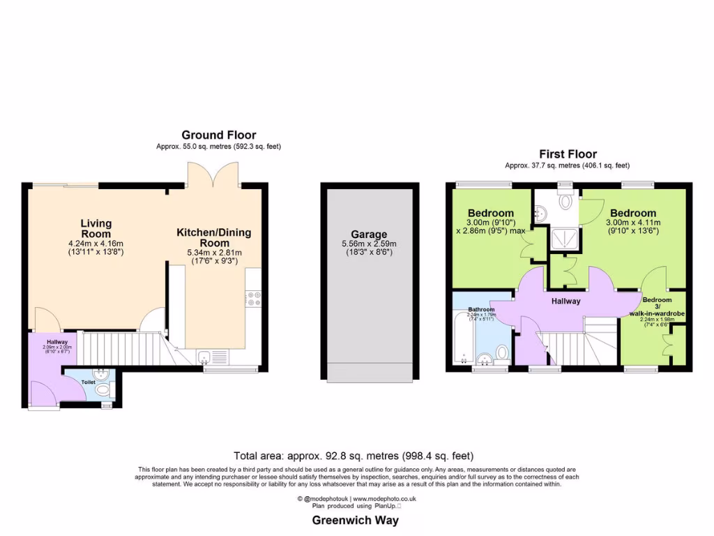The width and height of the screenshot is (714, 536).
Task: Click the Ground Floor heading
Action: click(x=218, y=135)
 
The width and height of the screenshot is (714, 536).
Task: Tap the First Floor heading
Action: click(x=568, y=154)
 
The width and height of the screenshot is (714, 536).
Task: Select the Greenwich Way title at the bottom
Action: click(x=356, y=520)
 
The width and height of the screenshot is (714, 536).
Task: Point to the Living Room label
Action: click(x=96, y=228)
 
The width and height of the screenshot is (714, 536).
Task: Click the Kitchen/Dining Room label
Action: click(x=213, y=237)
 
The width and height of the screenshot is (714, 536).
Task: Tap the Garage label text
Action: click(x=370, y=234)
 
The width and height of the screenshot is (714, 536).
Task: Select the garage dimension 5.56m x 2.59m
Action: click(x=370, y=244)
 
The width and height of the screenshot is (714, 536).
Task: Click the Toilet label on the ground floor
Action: click(x=88, y=382)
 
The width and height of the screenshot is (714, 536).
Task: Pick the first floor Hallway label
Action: click(x=566, y=301)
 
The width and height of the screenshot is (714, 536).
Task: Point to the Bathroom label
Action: click(x=481, y=309)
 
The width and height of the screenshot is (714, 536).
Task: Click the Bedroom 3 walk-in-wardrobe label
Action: click(x=657, y=306)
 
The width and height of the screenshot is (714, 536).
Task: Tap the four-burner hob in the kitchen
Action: click(x=252, y=299)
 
